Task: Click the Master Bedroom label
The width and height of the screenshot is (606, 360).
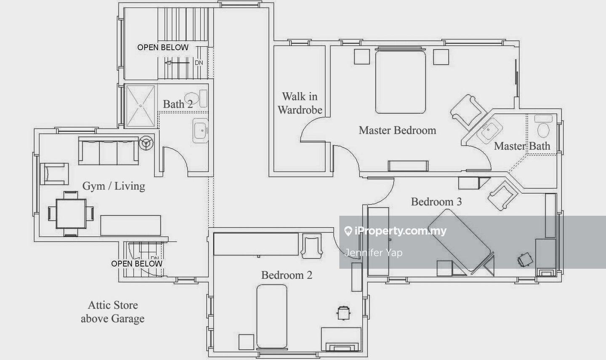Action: tap(397, 130)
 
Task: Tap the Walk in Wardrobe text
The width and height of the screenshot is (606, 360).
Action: tap(300, 103)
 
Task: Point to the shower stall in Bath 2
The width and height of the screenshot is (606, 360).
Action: tap(141, 106)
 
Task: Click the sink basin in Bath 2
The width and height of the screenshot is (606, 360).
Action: tap(200, 131)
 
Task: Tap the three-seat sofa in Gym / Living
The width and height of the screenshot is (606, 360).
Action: tap(109, 150)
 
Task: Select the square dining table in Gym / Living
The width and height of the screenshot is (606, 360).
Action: tap(71, 214)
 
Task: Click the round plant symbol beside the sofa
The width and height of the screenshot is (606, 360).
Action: tap(146, 142)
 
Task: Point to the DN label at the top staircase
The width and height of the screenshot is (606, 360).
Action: tap(199, 63)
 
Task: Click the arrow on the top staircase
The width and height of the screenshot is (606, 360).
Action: tap(177, 63)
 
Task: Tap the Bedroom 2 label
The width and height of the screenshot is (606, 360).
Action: tap(287, 275)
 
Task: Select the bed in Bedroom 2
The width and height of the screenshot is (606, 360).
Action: tap(272, 316)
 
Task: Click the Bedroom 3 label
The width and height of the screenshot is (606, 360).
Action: tap(436, 202)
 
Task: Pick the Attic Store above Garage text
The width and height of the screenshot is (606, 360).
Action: tap(112, 312)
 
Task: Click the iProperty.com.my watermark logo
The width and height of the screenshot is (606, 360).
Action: tap(396, 231)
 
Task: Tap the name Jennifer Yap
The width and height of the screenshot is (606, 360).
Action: tap(373, 253)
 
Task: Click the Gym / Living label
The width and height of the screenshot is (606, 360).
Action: tap(114, 186)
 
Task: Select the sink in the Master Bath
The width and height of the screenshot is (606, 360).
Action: tap(489, 130)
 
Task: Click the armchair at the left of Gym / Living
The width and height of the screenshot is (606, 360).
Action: tap(54, 174)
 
